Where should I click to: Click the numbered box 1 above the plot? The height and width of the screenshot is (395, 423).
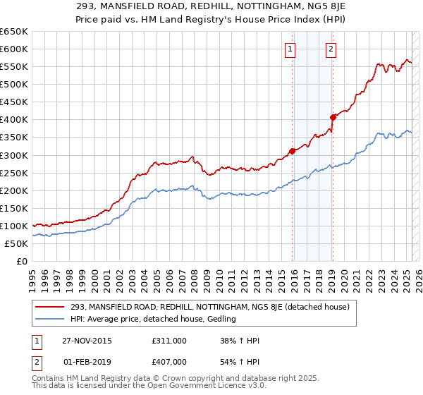[291, 49]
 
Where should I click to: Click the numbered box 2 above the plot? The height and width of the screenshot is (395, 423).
[331, 49]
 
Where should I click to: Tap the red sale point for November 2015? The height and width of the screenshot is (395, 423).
[292, 150]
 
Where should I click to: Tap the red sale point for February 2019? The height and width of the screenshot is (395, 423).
[332, 117]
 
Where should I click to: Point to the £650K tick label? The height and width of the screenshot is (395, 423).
[14, 32]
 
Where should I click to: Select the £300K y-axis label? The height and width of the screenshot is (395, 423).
[14, 155]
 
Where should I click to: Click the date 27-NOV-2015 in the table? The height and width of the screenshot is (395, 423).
[86, 341]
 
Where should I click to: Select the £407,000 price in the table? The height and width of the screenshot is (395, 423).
[169, 361]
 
